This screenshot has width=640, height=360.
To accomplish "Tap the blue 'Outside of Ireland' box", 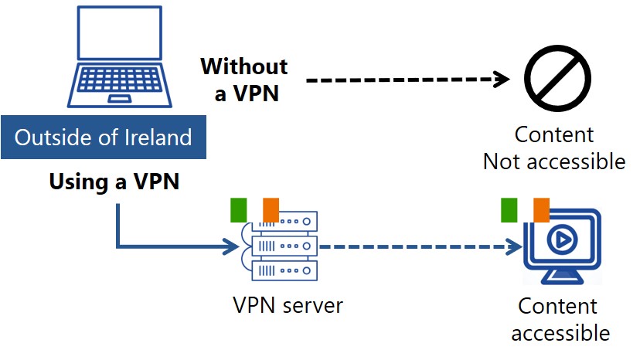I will tap(104, 138).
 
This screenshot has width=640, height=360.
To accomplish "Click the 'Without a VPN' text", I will tap(244, 80).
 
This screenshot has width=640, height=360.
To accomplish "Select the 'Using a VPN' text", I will tap(114, 182).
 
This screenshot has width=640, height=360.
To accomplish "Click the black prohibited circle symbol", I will tap(557, 78).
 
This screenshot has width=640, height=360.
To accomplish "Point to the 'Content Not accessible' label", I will tap(554, 148).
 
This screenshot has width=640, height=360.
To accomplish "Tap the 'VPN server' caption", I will tap(288, 305).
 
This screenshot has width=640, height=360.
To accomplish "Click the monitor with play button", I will tap(562, 246).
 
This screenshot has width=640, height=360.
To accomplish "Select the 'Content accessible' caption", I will tap(559, 319).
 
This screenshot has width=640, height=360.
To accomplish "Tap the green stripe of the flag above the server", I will tap(238, 209).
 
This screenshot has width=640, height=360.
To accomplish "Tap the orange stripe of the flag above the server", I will tap(271, 209).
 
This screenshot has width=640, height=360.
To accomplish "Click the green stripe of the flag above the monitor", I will tap(509, 209).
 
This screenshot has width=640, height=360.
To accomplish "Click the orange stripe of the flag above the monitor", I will tap(541, 209).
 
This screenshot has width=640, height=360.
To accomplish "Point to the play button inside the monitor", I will tap(562, 240).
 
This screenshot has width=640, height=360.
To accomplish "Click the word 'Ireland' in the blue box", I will tap(158, 138).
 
